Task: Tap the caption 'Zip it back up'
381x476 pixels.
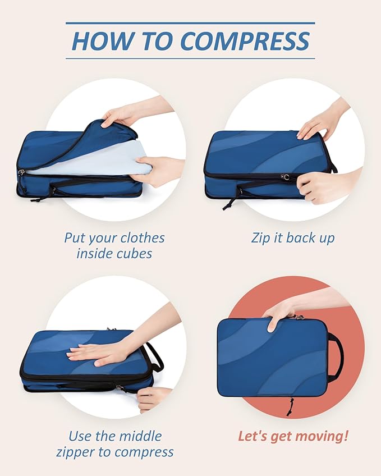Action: [x=292, y=237]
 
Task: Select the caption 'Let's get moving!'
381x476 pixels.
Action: [x=292, y=436]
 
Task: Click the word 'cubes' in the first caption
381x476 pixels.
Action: [x=132, y=253]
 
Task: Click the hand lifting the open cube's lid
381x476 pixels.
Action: [x=121, y=115]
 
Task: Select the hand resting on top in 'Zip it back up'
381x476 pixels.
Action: [x=316, y=124]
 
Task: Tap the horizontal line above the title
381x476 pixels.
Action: [x=190, y=23]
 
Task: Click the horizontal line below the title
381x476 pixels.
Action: [x=190, y=58]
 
